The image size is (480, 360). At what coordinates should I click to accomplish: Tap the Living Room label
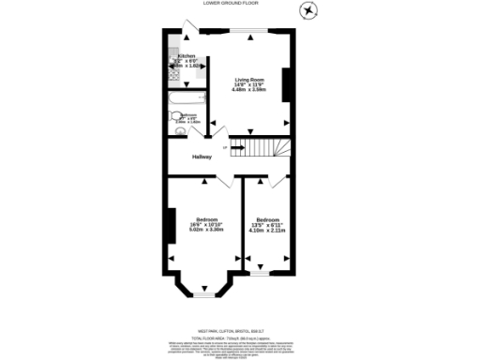point(248,81)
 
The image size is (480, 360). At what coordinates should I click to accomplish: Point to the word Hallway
point(202,157)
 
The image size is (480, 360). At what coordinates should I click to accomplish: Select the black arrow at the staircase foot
point(225,147)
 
